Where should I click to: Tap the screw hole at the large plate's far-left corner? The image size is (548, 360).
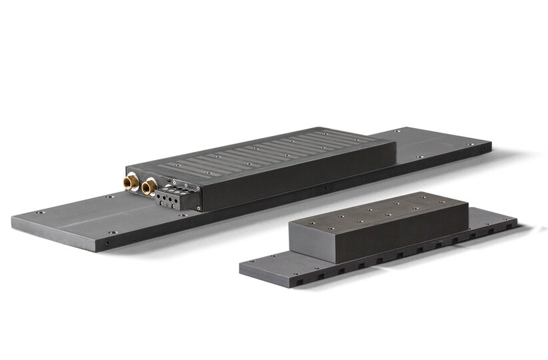(x=40, y=212)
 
